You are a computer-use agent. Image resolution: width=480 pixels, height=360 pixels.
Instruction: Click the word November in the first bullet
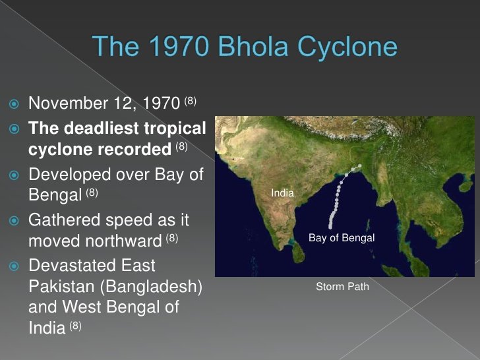point(69,104)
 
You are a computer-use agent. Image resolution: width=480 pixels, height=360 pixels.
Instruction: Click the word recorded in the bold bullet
point(136,150)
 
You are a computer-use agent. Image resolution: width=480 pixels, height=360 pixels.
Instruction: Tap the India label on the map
point(282,193)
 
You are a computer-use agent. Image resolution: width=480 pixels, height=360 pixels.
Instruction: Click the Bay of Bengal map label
point(342,238)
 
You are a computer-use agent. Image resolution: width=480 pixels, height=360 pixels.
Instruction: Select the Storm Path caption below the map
point(342,287)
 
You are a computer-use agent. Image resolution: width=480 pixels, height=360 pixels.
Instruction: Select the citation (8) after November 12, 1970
point(190,101)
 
